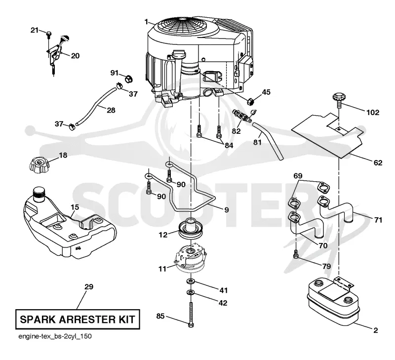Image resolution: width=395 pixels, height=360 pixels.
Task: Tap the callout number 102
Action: coord(373,113)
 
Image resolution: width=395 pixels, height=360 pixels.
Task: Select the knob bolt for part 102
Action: coord(339,100)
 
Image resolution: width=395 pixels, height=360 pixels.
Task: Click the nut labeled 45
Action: coord(250,102)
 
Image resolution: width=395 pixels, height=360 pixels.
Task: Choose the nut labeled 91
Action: coord(129,79)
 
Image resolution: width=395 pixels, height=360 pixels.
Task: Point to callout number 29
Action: coord(89,287)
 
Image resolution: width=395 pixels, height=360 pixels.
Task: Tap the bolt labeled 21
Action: coord(49,35)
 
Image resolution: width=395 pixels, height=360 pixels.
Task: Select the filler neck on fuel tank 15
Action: coord(39,194)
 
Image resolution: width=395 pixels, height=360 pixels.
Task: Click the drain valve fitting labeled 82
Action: coord(242,115)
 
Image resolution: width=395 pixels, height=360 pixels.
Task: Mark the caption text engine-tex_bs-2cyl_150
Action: coord(55,337)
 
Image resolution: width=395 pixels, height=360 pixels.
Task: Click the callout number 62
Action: coord(378,163)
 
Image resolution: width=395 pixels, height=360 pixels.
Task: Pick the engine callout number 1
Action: coord(146,22)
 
